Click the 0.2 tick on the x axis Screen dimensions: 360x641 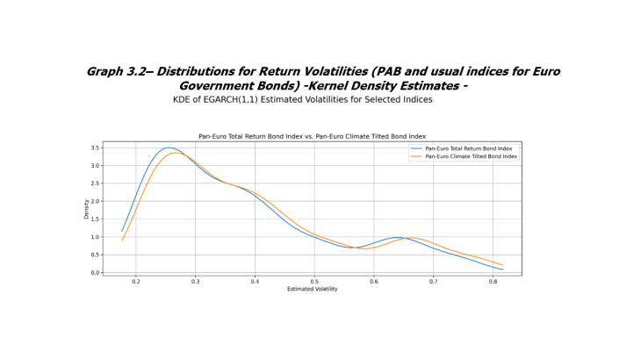(x=136, y=282)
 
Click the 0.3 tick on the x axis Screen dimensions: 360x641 (x=195, y=282)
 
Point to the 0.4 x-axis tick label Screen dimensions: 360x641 (x=255, y=282)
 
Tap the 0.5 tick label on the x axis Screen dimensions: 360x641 (x=314, y=282)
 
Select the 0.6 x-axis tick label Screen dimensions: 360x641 (x=374, y=282)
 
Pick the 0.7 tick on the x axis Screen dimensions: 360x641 (x=433, y=282)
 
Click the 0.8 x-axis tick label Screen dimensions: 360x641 (x=493, y=282)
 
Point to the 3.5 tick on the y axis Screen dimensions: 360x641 (x=96, y=148)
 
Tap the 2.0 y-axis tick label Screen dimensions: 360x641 (x=96, y=201)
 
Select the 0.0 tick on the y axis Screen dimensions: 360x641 (x=96, y=273)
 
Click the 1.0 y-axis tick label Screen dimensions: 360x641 (x=96, y=237)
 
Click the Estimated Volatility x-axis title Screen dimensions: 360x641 (x=312, y=289)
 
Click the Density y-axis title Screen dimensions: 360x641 (x=86, y=209)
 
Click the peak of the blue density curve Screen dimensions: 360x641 (x=169, y=148)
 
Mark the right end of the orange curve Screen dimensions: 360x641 (x=503, y=265)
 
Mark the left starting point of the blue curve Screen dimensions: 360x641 (x=122, y=231)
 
